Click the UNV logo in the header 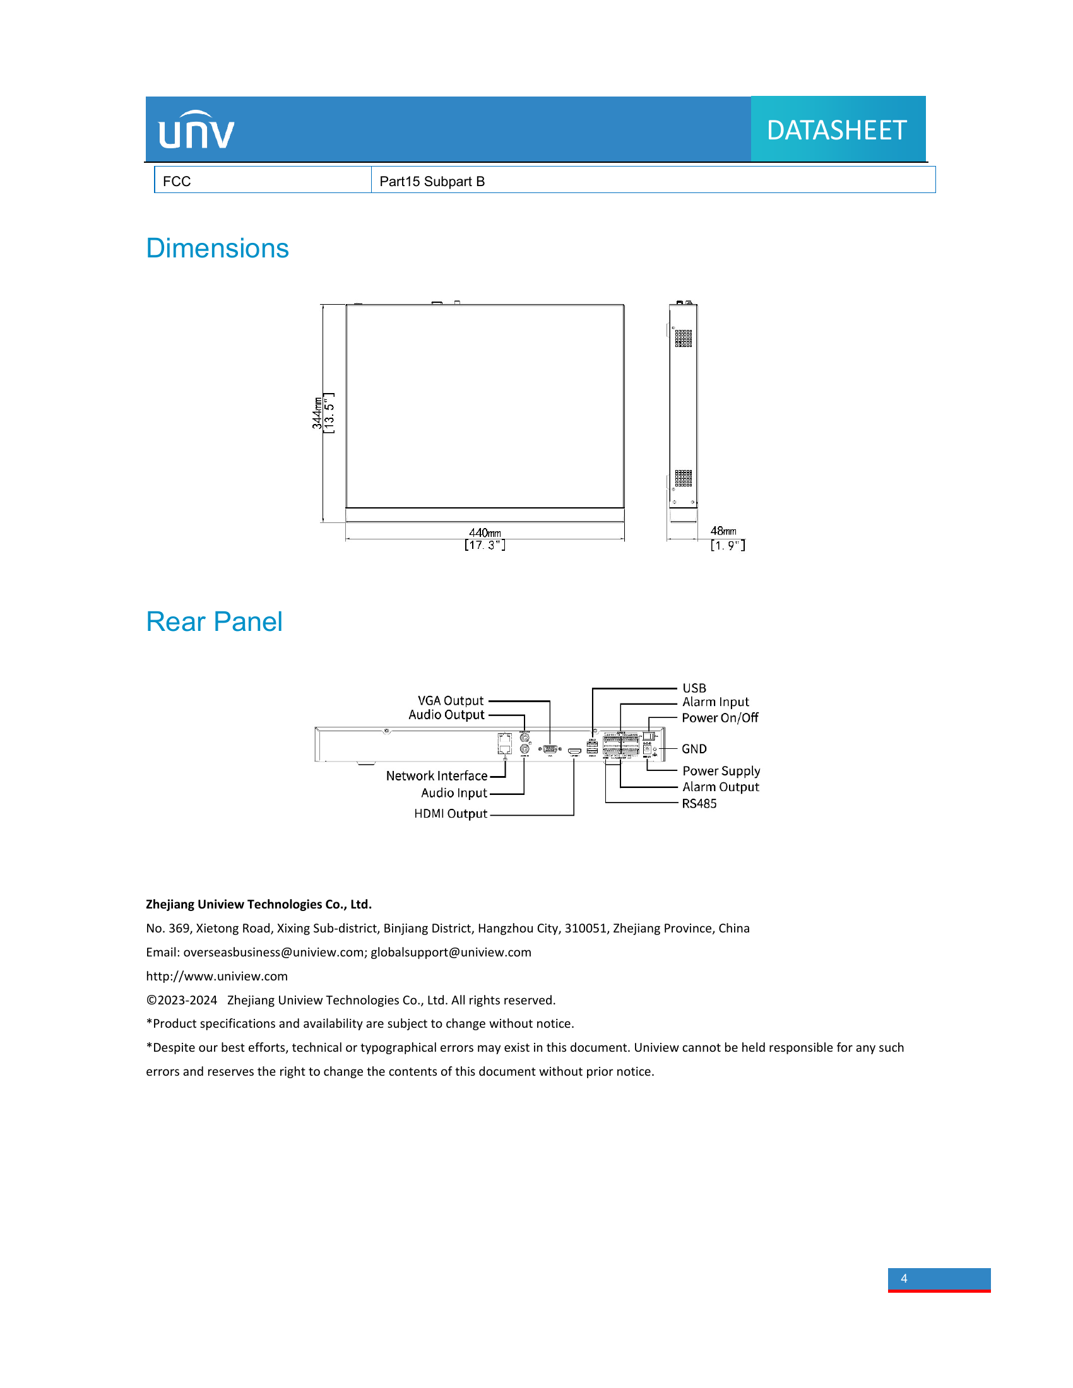(x=196, y=131)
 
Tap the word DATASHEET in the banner (x=836, y=131)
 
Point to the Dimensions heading (x=217, y=249)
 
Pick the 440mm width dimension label (x=485, y=532)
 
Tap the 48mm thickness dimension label (x=723, y=531)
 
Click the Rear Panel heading (x=214, y=621)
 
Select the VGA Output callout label (x=450, y=700)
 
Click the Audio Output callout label (x=446, y=715)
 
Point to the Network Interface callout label (x=437, y=776)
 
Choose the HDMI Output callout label (x=451, y=814)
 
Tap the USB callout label (x=694, y=688)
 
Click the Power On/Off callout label (x=720, y=718)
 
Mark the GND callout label (x=694, y=750)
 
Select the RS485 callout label (x=699, y=804)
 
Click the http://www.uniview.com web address (x=216, y=976)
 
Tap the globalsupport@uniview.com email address (x=451, y=952)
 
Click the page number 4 (x=904, y=1279)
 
